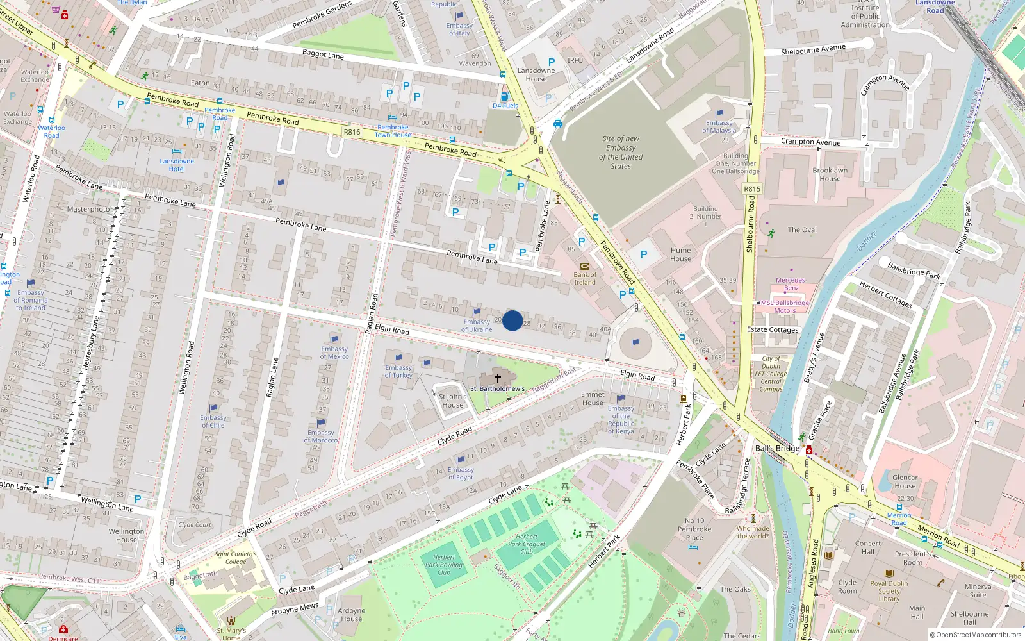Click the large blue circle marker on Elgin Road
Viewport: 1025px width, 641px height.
512,320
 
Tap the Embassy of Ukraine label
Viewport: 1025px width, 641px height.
477,326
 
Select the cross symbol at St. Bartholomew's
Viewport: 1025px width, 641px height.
498,378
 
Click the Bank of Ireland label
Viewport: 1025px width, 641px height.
584,278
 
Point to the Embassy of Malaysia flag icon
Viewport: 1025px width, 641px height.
719,113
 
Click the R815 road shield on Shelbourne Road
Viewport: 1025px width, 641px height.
752,189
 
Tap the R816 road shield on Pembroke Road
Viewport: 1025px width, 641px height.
352,132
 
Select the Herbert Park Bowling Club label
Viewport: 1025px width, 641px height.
443,565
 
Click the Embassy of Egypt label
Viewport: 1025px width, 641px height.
461,473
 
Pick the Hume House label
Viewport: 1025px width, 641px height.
680,254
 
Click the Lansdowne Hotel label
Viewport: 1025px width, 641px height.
177,165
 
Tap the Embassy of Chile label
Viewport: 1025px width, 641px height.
213,421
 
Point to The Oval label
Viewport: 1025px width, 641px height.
802,229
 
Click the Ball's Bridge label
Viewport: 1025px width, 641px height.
777,448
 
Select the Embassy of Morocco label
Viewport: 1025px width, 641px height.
321,436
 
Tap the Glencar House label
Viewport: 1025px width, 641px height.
905,481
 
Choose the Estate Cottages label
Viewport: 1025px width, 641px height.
773,329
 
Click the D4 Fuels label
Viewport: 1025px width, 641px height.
505,106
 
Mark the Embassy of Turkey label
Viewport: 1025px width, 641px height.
398,371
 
